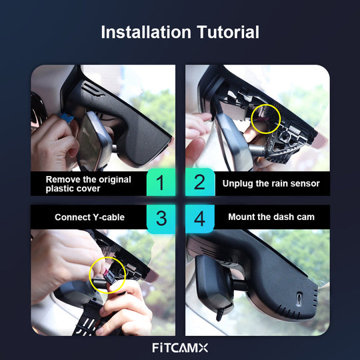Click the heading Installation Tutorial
click(180, 32)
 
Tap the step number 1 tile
click(160, 183)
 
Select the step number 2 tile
click(200, 183)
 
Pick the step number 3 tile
click(160, 217)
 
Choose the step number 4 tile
click(200, 217)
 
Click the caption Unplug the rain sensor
click(271, 183)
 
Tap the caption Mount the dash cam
click(271, 217)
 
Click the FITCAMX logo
click(180, 347)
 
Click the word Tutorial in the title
click(223, 32)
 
